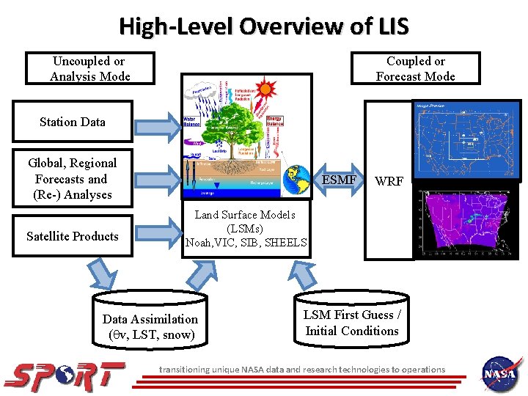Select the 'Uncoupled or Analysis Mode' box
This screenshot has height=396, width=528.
click(x=89, y=69)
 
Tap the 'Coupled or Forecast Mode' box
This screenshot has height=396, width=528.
click(x=415, y=69)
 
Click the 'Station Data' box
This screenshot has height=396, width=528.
click(x=73, y=122)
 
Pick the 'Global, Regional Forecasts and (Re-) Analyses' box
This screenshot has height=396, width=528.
click(x=73, y=179)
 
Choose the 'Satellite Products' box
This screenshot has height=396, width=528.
click(x=73, y=236)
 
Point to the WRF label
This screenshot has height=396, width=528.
click(x=389, y=180)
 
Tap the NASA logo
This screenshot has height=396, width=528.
click(x=502, y=374)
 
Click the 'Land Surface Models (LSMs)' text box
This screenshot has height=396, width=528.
click(x=246, y=229)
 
